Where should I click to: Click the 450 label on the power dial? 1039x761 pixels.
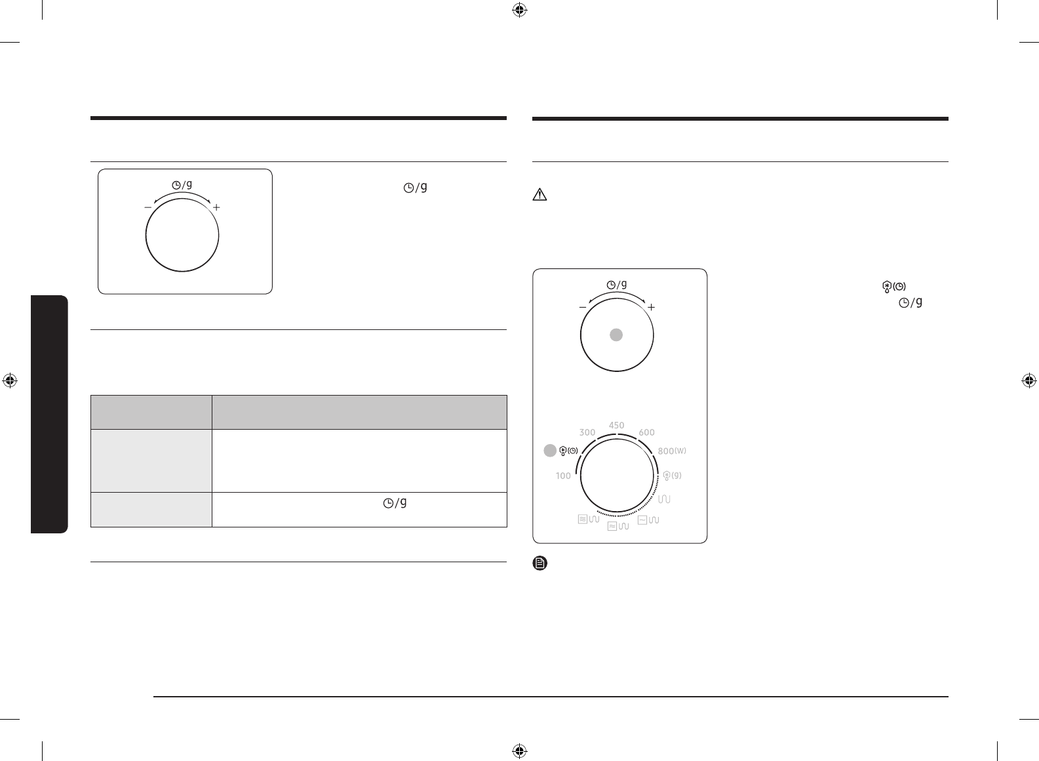click(616, 425)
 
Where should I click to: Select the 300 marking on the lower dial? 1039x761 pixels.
click(587, 432)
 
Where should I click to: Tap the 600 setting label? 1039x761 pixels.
click(646, 432)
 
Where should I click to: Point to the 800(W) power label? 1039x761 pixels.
click(672, 451)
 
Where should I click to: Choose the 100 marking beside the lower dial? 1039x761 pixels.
click(563, 476)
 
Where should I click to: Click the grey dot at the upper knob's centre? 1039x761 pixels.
click(616, 335)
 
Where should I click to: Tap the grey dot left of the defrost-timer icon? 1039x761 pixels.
click(550, 451)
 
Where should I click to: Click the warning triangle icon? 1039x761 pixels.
click(540, 195)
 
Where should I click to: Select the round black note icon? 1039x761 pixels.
click(540, 563)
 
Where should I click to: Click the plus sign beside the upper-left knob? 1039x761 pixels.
click(216, 207)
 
